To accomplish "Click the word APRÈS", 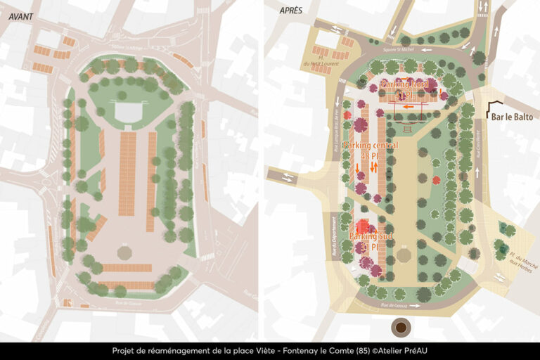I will tap(290, 11).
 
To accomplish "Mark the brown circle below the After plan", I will tap(401, 327).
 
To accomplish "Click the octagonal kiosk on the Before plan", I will tap(125, 252).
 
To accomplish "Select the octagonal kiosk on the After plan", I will tap(403, 254).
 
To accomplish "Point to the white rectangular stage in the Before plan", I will tap(127, 113).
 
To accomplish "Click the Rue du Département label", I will tap(334, 235).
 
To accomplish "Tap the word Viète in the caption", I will tap(260, 351).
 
